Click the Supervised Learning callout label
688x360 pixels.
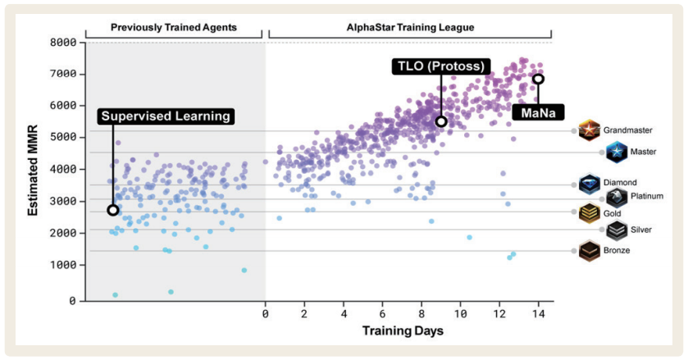(166, 116)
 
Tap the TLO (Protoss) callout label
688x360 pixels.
(440, 66)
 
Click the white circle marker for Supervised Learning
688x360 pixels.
(113, 211)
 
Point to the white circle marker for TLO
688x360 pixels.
(441, 121)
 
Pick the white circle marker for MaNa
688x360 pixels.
(538, 79)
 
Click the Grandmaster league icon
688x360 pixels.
(589, 130)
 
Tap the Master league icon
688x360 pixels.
(616, 152)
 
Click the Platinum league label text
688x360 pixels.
(646, 196)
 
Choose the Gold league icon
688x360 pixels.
(590, 213)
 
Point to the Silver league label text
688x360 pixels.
(642, 230)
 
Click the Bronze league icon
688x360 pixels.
(590, 250)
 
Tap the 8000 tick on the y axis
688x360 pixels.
(63, 42)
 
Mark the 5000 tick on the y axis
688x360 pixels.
(63, 137)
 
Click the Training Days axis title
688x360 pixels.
(403, 331)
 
